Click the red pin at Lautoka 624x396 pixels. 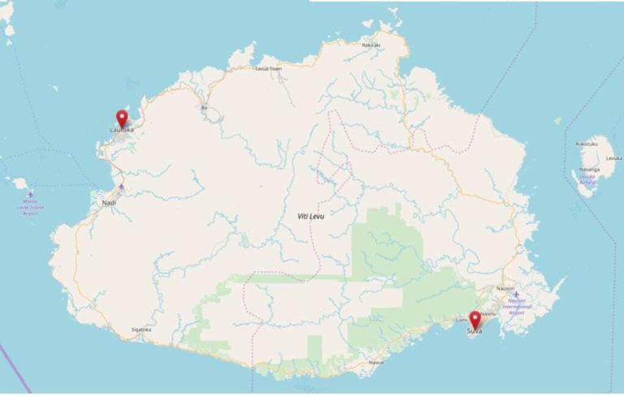tap(122, 118)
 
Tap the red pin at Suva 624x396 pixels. tap(474, 319)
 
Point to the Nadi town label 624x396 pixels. tap(109, 202)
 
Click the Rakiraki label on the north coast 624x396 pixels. tap(371, 45)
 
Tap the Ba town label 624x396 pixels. tap(204, 107)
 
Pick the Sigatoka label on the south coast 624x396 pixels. tap(141, 329)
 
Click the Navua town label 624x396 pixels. tap(375, 362)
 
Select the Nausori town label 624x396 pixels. tap(505, 288)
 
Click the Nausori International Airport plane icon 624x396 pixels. tap(515, 295)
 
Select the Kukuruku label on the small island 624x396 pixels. tap(587, 144)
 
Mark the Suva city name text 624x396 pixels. tap(474, 330)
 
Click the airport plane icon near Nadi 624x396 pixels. tap(121, 187)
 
